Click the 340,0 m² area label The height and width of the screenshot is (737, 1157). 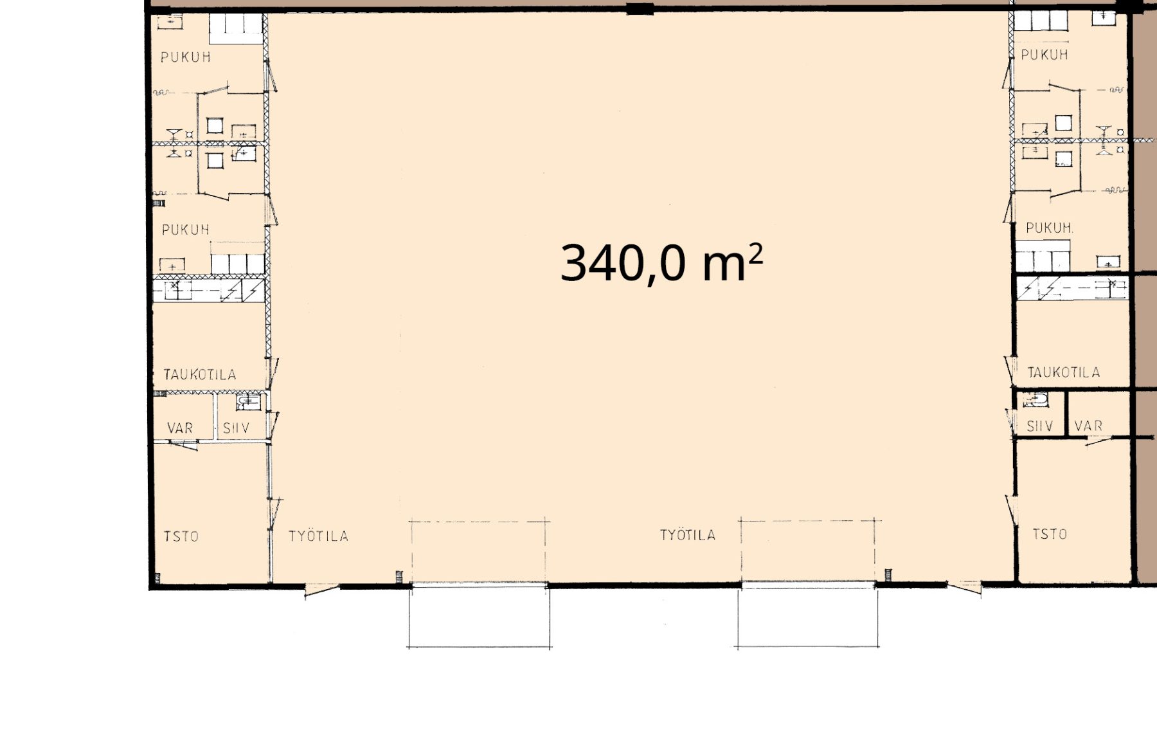[x=661, y=263]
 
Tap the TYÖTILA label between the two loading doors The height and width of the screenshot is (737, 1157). [x=688, y=535]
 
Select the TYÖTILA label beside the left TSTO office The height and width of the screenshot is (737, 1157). [x=318, y=536]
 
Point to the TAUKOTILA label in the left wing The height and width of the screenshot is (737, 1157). [x=200, y=374]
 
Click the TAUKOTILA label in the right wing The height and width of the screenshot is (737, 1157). [x=1064, y=372]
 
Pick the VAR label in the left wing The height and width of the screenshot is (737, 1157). [x=180, y=428]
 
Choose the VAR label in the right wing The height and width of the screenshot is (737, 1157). [x=1088, y=426]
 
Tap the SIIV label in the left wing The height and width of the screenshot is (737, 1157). [x=236, y=428]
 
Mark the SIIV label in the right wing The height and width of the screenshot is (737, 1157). [x=1040, y=426]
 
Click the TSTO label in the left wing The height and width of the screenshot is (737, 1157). [x=181, y=536]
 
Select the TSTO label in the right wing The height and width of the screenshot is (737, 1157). [x=1050, y=534]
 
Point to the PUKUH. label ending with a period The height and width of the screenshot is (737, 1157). [x=1049, y=228]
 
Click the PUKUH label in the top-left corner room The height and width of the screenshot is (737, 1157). [x=186, y=57]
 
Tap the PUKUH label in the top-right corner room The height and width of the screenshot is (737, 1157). [x=1045, y=55]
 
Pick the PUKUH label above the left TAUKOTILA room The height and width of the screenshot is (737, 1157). [x=186, y=230]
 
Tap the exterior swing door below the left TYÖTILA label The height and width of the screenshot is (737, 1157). [x=321, y=590]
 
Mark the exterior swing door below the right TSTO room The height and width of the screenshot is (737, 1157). [x=964, y=587]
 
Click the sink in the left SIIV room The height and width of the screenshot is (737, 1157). [x=249, y=403]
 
